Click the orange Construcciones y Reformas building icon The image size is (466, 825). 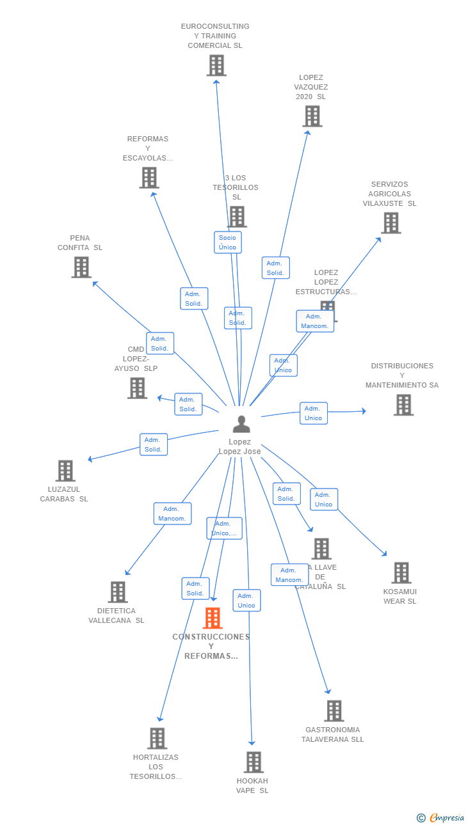pyautogui.click(x=213, y=618)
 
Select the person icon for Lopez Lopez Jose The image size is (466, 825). pyautogui.click(x=241, y=424)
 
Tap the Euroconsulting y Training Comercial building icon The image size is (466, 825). pyautogui.click(x=216, y=65)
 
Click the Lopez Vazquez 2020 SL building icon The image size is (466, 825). pyautogui.click(x=312, y=116)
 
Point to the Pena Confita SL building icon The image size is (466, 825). pyautogui.click(x=81, y=267)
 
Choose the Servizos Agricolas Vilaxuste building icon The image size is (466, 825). pyautogui.click(x=390, y=223)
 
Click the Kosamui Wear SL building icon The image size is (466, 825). pyautogui.click(x=401, y=573)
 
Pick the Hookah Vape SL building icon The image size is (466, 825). pyautogui.click(x=253, y=762)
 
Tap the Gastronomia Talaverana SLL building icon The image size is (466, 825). pyautogui.click(x=333, y=711)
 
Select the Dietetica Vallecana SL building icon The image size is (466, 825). pyautogui.click(x=118, y=592)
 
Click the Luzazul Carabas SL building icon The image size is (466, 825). pyautogui.click(x=65, y=471)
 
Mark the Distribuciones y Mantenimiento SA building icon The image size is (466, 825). pyautogui.click(x=403, y=405)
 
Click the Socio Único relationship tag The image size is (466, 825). pyautogui.click(x=227, y=242)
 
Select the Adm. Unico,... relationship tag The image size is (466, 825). pyautogui.click(x=224, y=528)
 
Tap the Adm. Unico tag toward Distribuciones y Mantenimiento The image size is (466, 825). pyautogui.click(x=313, y=413)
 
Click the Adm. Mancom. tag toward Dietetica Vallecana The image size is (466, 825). pyautogui.click(x=172, y=514)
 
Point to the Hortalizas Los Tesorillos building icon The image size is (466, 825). pyautogui.click(x=157, y=739)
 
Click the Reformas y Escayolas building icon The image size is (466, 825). pyautogui.click(x=149, y=178)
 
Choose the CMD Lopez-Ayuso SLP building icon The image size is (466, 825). pyautogui.click(x=137, y=388)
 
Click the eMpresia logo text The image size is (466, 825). pyautogui.click(x=446, y=817)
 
